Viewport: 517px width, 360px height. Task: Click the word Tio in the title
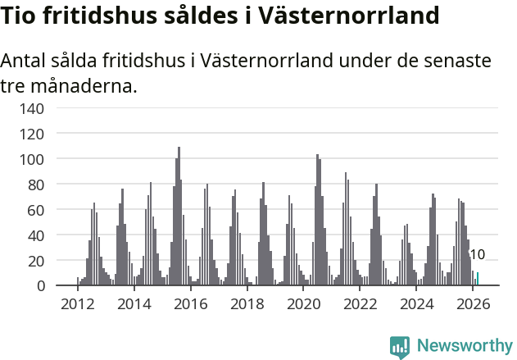20,16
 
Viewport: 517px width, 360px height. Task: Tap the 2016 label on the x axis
191,303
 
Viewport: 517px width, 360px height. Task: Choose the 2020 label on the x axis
304,303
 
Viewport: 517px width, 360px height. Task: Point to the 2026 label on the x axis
473,303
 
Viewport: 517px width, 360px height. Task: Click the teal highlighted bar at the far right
478,279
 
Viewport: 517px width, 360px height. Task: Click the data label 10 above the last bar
477,255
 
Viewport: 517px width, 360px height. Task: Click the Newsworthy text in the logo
465,345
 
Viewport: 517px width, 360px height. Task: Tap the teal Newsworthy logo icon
400,347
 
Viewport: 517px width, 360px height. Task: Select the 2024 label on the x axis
417,303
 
